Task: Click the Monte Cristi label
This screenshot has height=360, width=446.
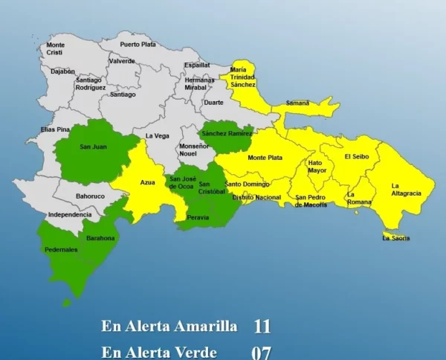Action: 55,49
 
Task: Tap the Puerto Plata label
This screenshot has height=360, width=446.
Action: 138,45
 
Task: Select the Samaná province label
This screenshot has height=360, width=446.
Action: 297,103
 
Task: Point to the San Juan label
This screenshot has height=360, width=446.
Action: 93,147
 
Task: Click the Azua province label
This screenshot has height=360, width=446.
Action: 148,181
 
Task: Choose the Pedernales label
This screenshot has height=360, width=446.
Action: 61,250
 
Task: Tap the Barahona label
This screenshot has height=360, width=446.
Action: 100,238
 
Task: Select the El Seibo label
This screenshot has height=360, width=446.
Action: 356,157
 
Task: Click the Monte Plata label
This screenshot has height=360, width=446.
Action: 265,158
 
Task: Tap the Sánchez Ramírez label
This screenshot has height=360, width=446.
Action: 227,133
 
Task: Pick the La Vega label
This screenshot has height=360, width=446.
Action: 157,135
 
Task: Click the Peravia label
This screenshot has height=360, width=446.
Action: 198,217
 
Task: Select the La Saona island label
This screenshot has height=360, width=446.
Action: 395,238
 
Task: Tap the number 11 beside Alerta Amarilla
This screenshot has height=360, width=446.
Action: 262,326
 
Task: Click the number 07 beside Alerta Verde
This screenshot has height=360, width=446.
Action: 261,352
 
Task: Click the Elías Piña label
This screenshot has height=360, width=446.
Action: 55,129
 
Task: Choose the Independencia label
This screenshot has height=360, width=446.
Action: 70,214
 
